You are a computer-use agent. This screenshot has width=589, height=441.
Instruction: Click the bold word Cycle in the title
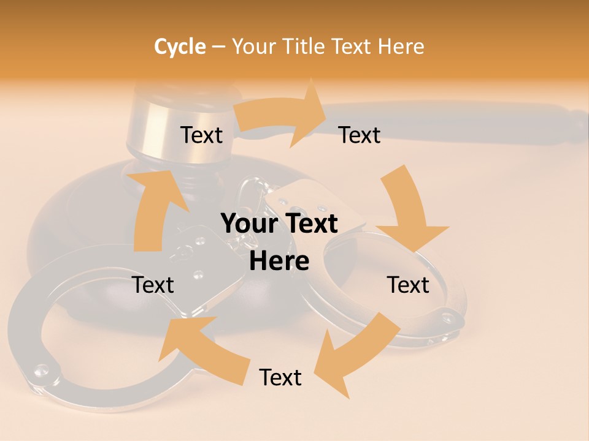click(180, 47)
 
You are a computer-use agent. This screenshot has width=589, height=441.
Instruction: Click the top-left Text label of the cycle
click(201, 135)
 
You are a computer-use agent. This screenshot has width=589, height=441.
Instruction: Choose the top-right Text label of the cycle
click(360, 135)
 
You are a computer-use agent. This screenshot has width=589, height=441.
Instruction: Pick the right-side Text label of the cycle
click(408, 285)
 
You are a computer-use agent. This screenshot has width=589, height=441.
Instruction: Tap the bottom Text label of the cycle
click(280, 377)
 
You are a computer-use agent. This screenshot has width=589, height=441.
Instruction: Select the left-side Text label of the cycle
click(153, 285)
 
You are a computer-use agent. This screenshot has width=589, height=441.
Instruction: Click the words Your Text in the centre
click(279, 224)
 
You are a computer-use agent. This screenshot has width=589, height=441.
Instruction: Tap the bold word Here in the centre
click(279, 261)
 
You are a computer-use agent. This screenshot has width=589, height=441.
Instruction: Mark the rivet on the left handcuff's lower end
click(41, 369)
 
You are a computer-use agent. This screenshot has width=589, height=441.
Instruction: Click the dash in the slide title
click(218, 47)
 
